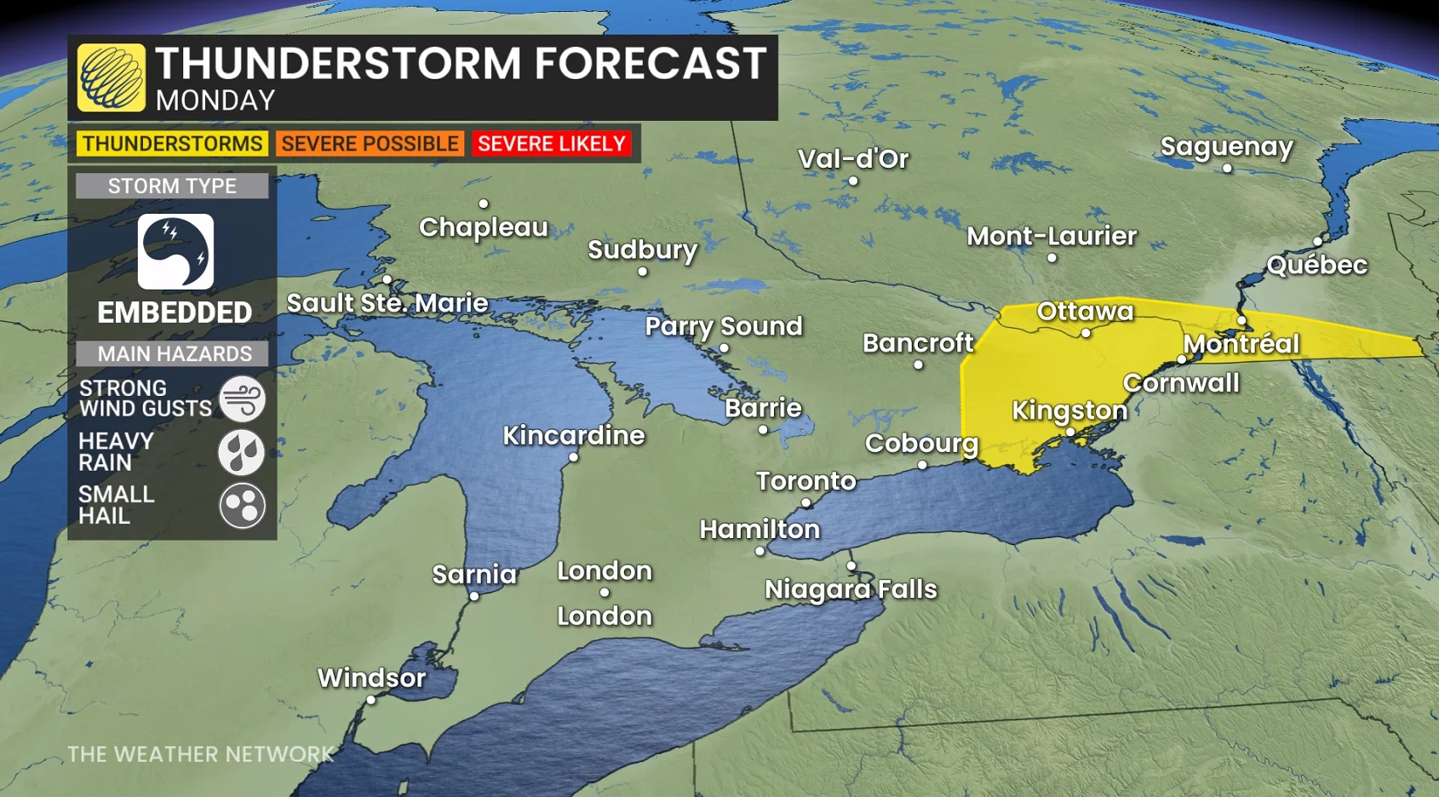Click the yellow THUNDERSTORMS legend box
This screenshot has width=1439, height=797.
click(x=172, y=144)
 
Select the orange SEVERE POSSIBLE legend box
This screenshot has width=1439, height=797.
click(x=370, y=144)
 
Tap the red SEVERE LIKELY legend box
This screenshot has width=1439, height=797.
click(x=552, y=144)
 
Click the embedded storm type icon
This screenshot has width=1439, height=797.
click(x=175, y=252)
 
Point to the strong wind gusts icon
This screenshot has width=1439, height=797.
click(x=242, y=398)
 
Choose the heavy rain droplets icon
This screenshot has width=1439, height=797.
click(x=242, y=452)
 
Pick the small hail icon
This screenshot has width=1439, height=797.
click(x=242, y=506)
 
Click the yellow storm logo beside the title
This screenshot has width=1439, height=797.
click(x=112, y=77)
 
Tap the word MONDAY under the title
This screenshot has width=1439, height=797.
click(x=215, y=100)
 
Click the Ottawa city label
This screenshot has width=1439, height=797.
click(x=1085, y=311)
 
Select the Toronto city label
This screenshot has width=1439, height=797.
click(x=805, y=481)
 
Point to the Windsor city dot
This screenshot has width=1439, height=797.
click(x=370, y=700)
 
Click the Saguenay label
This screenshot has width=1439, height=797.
click(x=1226, y=146)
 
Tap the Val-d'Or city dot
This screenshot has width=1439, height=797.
click(x=852, y=181)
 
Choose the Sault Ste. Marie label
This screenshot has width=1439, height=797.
click(x=387, y=303)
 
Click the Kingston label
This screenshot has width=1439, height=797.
click(x=1069, y=410)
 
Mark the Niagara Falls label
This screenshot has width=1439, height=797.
click(x=851, y=589)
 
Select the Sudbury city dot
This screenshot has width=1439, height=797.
click(x=642, y=272)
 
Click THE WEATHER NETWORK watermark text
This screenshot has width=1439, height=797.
click(x=201, y=754)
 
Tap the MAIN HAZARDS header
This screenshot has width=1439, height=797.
click(x=174, y=353)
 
